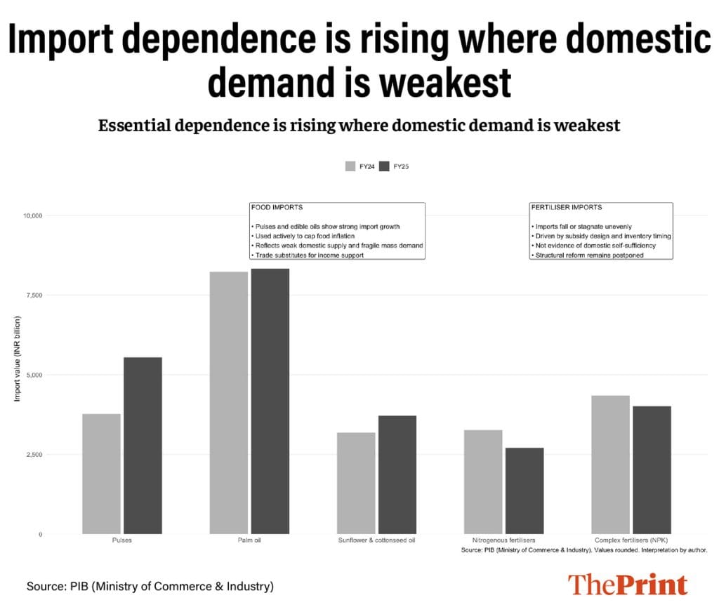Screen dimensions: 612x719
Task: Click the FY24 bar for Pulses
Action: pos(101,474)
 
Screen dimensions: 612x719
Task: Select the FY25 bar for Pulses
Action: pos(143,446)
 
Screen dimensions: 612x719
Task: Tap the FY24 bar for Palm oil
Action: pos(229,403)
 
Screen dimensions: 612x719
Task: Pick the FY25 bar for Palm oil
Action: pos(270,401)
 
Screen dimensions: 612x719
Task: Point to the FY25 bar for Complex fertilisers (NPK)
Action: pos(652,470)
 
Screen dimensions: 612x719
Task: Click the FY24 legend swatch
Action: pos(350,166)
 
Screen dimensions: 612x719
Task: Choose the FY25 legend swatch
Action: pos(384,166)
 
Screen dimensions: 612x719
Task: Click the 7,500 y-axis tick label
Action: pos(32,295)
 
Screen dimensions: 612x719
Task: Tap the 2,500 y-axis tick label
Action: pos(32,455)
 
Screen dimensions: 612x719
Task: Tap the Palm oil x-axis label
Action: pos(249,540)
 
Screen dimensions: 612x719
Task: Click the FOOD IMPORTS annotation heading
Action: pos(277,208)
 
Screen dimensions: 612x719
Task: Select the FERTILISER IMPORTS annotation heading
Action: pos(567,208)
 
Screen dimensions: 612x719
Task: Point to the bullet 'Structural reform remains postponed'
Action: pos(588,255)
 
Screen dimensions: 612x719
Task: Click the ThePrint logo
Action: pos(628,585)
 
